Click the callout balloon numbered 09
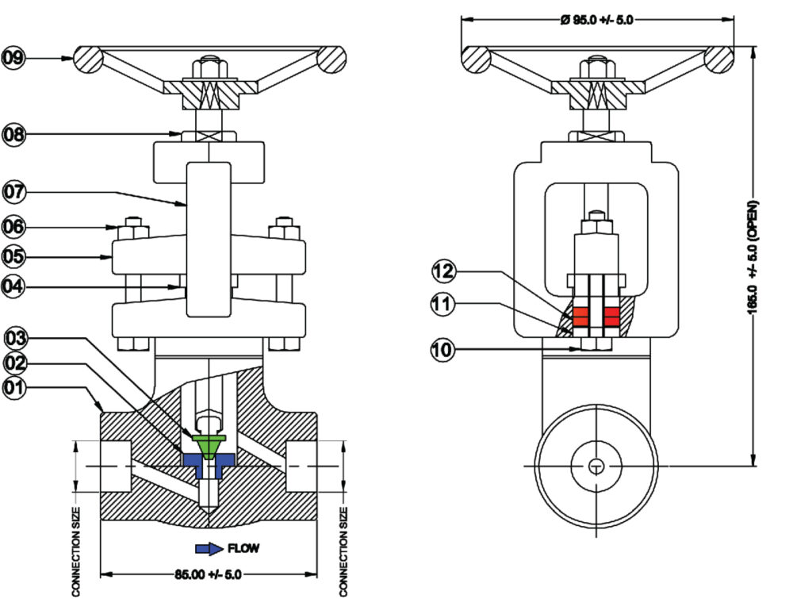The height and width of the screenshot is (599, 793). pos(13,57)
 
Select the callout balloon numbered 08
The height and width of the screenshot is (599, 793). pos(13,134)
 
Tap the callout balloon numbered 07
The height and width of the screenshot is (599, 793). pos(13,191)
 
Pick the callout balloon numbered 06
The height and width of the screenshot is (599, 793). pos(13,227)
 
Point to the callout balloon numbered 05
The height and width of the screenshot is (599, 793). pos(13,256)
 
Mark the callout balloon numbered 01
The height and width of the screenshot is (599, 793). pos(13,388)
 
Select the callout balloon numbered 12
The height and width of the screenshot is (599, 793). pos(444,271)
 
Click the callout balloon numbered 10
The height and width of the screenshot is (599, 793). pos(444,347)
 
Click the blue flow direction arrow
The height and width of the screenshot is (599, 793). pos(209,548)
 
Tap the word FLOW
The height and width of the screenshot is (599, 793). pos(243,548)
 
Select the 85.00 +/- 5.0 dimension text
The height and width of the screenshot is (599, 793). pos(206,573)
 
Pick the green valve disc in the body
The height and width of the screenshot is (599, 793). pos(208,446)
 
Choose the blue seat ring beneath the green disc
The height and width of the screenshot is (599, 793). pos(190,461)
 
